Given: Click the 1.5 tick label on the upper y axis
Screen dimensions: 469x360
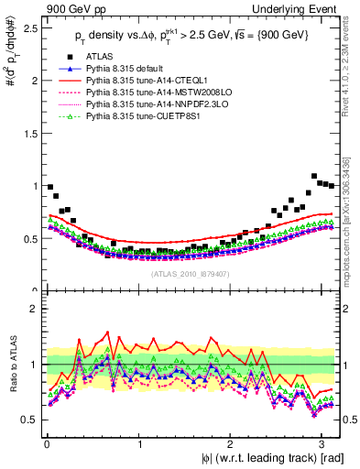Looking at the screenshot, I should tap(27, 133).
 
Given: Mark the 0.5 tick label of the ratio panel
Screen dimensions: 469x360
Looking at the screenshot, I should tap(27, 420).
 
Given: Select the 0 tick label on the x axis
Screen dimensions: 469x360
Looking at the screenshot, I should tap(46, 442).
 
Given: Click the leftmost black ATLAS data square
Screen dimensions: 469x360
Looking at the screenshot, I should tap(49, 186).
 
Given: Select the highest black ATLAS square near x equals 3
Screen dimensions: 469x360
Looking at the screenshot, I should tap(314, 176).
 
